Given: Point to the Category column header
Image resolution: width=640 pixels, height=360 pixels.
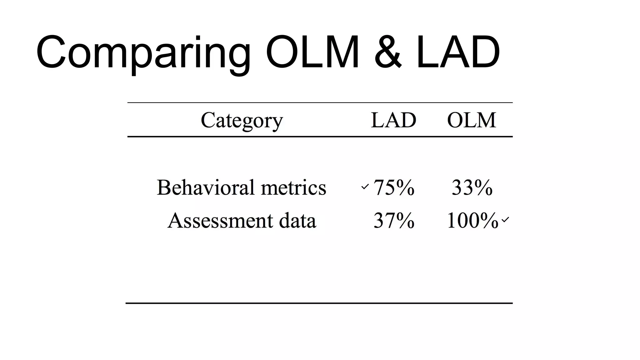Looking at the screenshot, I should click(x=242, y=121).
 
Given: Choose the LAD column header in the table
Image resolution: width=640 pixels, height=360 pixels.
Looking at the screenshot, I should click(x=393, y=120).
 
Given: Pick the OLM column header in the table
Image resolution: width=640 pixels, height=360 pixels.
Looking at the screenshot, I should click(x=472, y=120).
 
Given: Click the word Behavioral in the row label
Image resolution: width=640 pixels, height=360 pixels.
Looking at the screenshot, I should click(x=205, y=187).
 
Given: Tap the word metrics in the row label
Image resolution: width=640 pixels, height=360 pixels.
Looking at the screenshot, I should click(x=293, y=187).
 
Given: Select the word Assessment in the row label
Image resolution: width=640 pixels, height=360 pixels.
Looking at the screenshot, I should click(x=220, y=221).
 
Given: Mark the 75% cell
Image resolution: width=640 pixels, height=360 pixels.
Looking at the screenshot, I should click(x=394, y=187).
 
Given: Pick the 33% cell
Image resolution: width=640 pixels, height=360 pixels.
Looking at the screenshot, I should click(x=472, y=187).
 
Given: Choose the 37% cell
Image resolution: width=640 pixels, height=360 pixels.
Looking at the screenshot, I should click(x=394, y=221).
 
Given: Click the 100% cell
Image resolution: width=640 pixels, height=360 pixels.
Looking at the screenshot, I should click(x=472, y=221).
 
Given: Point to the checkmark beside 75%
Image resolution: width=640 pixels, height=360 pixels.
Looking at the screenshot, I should click(x=365, y=187).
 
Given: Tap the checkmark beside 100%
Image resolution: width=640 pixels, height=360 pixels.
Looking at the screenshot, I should click(x=505, y=220).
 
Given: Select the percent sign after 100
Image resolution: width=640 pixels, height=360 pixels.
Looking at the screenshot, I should click(x=489, y=221).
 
